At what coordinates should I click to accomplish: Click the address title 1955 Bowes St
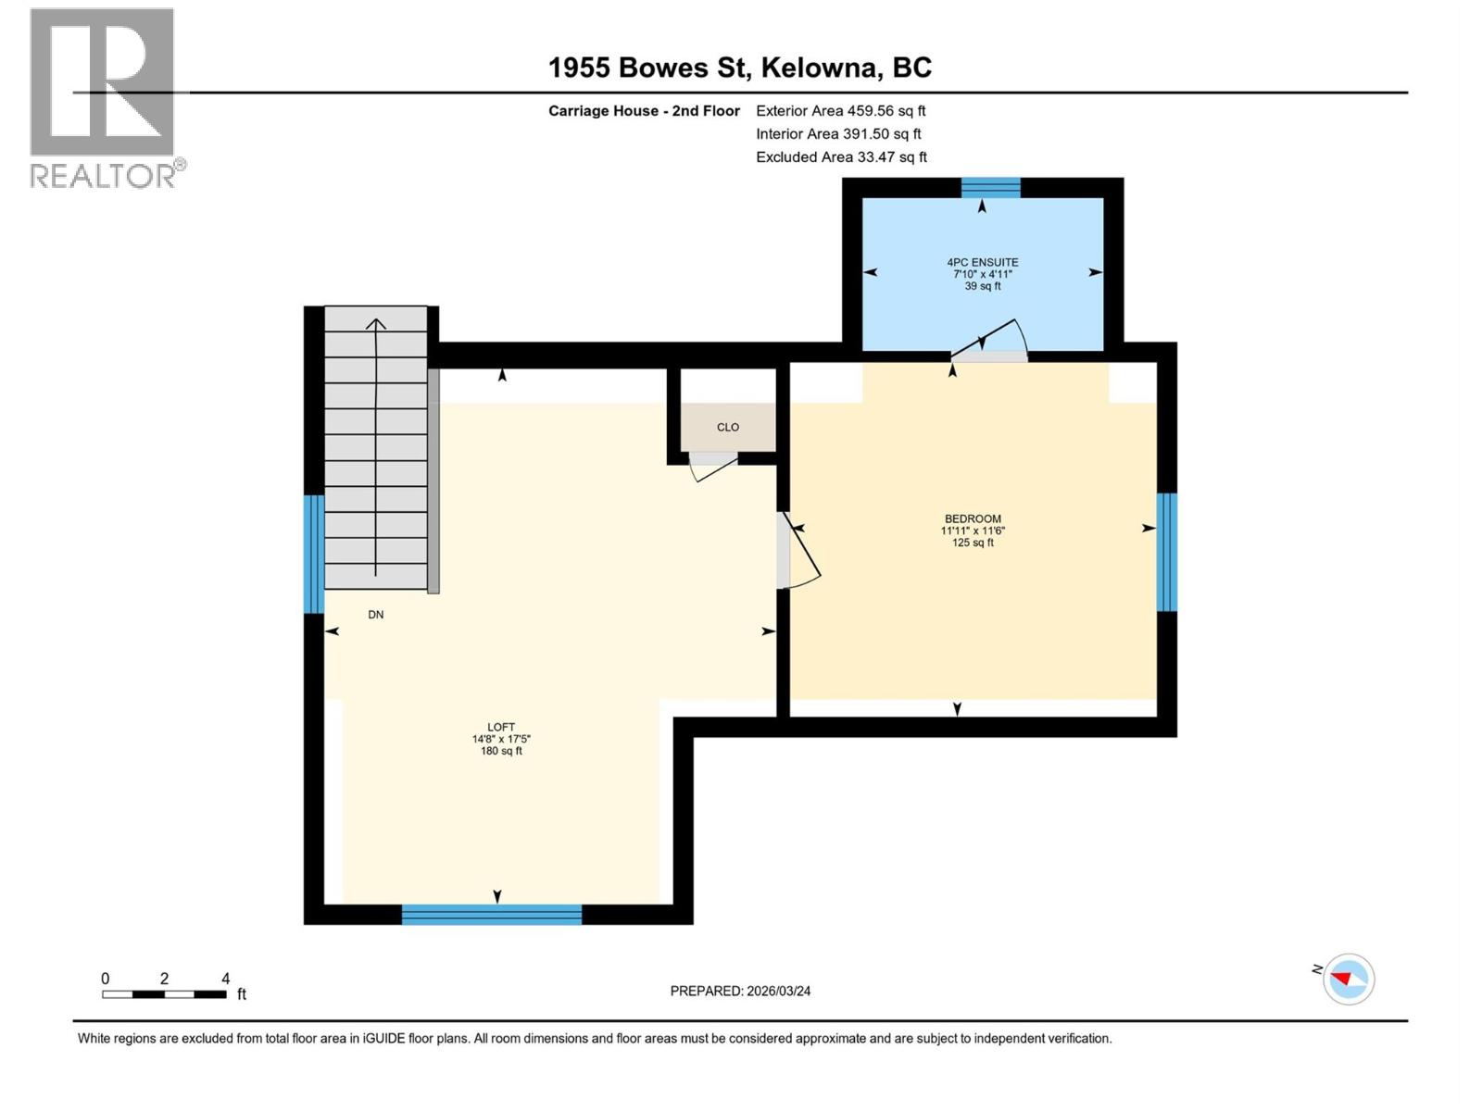pyautogui.click(x=739, y=68)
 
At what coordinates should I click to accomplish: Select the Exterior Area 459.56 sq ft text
pyautogui.click(x=840, y=110)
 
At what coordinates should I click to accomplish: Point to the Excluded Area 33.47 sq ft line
pyautogui.click(x=840, y=156)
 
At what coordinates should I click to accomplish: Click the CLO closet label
pyautogui.click(x=727, y=427)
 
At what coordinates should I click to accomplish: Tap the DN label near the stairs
pyautogui.click(x=375, y=615)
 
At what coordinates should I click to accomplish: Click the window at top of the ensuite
pyautogui.click(x=990, y=188)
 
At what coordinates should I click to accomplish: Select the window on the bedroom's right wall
pyautogui.click(x=1166, y=552)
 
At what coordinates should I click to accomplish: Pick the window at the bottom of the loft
pyautogui.click(x=491, y=915)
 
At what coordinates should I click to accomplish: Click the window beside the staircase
pyautogui.click(x=314, y=554)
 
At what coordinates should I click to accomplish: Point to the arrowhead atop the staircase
pyautogui.click(x=375, y=324)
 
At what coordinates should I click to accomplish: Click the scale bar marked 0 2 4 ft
pyautogui.click(x=164, y=994)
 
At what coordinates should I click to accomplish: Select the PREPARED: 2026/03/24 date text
pyautogui.click(x=740, y=991)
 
